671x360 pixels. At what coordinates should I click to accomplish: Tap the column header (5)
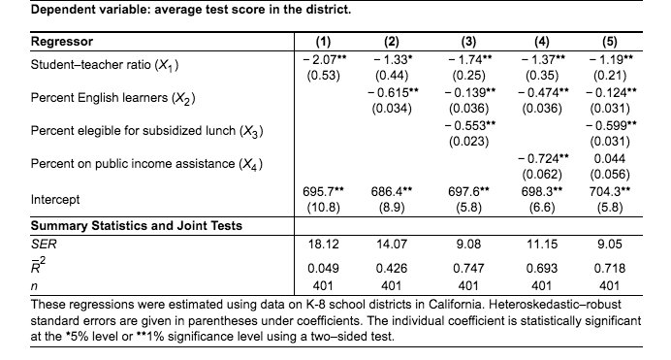click(x=609, y=42)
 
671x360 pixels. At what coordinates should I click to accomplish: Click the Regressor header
click(x=62, y=42)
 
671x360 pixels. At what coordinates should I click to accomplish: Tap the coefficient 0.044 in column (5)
click(x=609, y=158)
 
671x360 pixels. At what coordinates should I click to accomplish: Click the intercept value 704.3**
click(x=609, y=191)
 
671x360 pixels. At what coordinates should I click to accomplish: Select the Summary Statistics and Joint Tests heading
click(x=137, y=226)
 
